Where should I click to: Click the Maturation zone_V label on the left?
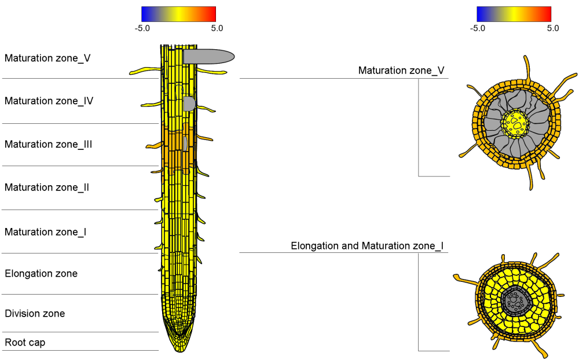click(47, 58)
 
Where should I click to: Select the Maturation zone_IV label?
click(49, 101)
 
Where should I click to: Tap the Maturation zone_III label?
click(49, 144)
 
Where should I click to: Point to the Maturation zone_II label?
click(47, 188)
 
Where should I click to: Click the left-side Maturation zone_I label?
click(46, 232)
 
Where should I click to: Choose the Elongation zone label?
click(41, 273)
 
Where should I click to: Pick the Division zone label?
click(35, 314)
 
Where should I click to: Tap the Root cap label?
click(25, 343)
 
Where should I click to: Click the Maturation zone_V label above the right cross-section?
click(401, 71)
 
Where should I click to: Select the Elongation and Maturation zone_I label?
click(367, 246)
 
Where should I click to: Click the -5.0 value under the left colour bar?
click(142, 28)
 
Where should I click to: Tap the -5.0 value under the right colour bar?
click(477, 28)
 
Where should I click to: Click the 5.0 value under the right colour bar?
click(552, 28)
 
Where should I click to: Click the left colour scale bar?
click(178, 14)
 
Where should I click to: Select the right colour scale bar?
click(514, 14)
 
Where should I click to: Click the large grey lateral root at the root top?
click(208, 56)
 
